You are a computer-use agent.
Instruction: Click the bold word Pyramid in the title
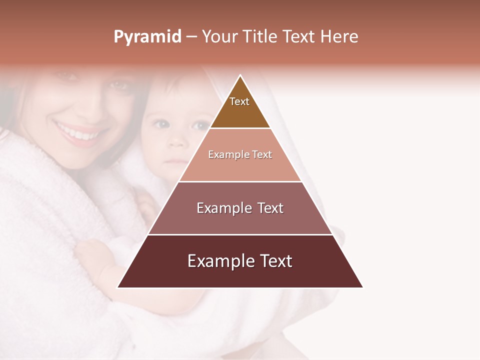coord(147,37)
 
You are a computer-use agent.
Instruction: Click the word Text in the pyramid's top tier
coord(239,101)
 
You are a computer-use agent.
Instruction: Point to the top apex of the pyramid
coord(240,75)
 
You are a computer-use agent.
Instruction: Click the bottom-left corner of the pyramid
coord(118,287)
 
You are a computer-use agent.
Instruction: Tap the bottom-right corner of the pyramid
coord(362,287)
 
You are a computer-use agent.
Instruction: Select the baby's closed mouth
coord(174,161)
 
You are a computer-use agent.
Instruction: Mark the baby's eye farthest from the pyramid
coord(160,124)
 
